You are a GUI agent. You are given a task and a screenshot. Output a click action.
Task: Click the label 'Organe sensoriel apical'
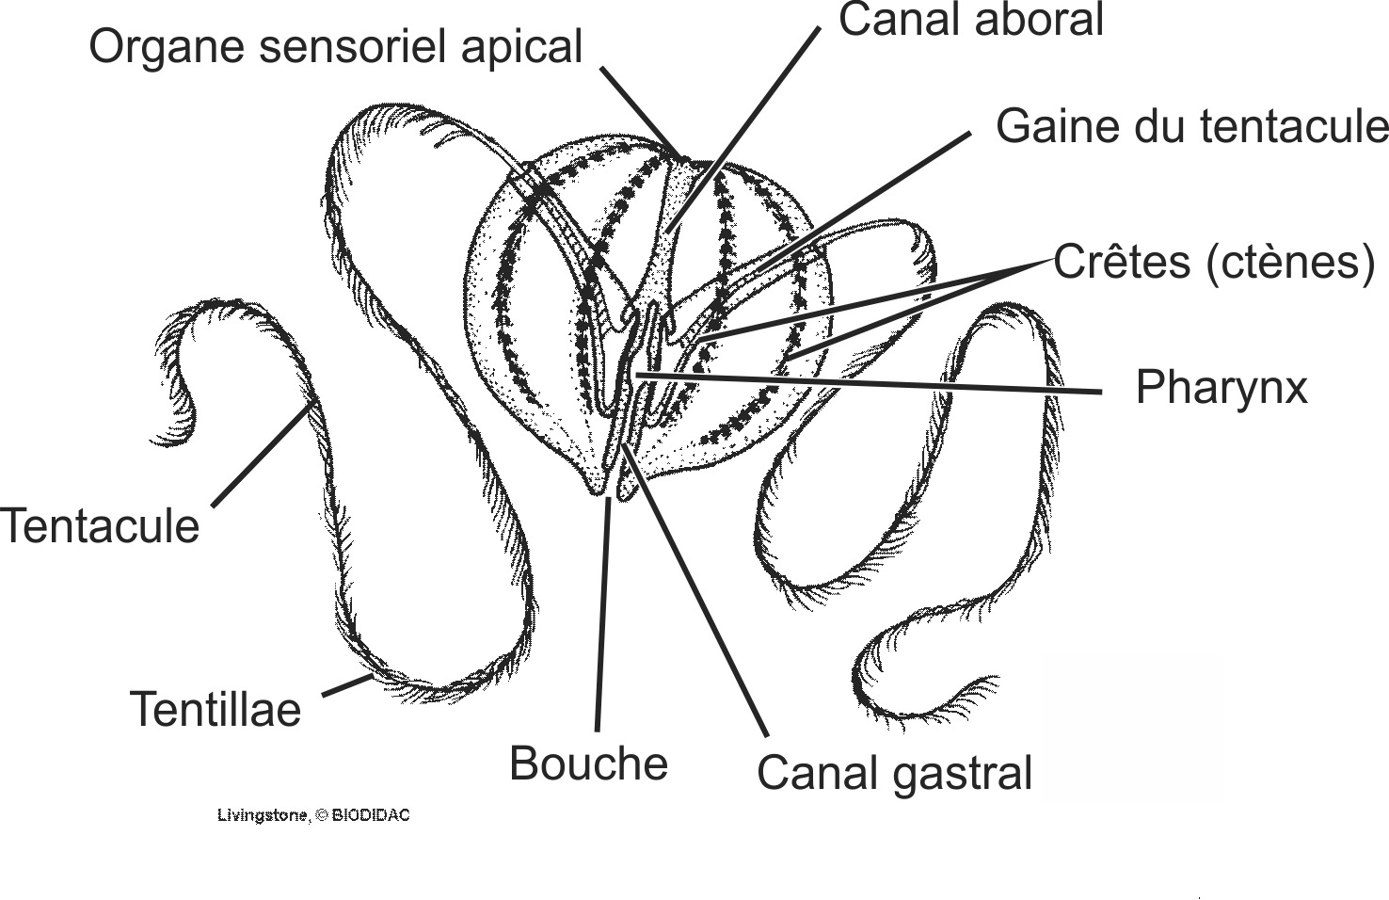(336, 47)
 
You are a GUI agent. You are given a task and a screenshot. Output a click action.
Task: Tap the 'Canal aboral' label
(970, 21)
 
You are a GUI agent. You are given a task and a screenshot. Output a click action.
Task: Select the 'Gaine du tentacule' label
(1191, 126)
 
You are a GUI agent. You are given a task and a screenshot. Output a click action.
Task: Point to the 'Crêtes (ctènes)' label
(1214, 263)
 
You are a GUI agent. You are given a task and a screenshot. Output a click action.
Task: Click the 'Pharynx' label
(1221, 387)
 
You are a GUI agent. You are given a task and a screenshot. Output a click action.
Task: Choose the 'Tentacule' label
(100, 526)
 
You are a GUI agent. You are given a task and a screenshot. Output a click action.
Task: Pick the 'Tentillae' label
(216, 710)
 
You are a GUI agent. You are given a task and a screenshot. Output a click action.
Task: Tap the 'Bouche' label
(588, 763)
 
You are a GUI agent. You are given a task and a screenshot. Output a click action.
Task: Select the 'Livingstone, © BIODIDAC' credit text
(313, 815)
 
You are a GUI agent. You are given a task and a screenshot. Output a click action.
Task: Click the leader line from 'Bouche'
(602, 612)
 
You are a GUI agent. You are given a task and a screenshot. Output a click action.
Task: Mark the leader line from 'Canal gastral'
(696, 593)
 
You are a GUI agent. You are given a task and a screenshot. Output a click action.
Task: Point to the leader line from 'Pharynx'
(866, 382)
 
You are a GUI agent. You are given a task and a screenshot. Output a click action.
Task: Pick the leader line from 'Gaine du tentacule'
(875, 193)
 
